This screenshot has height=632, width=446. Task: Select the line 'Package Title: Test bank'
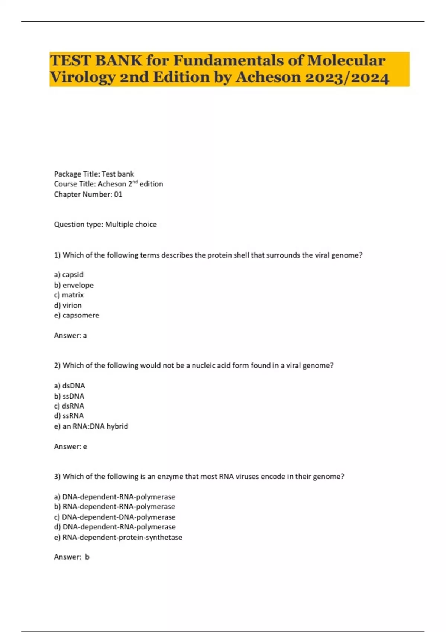coord(94,174)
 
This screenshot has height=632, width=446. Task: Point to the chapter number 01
coord(118,194)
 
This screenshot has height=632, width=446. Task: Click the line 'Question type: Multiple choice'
coord(105,224)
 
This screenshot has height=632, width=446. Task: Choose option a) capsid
coord(69,275)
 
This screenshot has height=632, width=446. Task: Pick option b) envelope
coord(74,285)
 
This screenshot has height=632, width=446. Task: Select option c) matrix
coord(69,295)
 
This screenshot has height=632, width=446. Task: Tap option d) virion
coord(68,305)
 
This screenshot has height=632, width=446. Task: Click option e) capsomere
coord(77,315)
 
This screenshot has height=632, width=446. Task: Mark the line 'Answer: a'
coord(70,335)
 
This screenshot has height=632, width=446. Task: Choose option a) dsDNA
coord(70,386)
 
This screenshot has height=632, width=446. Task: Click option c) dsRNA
coord(69,406)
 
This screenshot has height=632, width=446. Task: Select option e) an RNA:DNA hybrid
coord(91,426)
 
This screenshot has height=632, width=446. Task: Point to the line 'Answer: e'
coord(70,446)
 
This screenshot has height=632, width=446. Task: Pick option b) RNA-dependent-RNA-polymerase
coord(114,507)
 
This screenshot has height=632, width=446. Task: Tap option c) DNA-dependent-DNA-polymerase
coord(114,517)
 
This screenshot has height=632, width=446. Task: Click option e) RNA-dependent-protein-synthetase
coord(118,537)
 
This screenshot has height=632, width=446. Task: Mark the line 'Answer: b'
coord(71,557)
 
